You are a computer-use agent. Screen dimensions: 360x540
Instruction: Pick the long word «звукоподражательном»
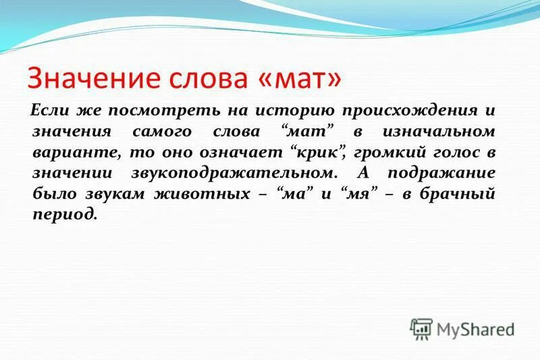234,173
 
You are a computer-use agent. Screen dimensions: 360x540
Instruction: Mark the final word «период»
64,215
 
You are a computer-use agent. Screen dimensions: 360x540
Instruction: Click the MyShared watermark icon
421,329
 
